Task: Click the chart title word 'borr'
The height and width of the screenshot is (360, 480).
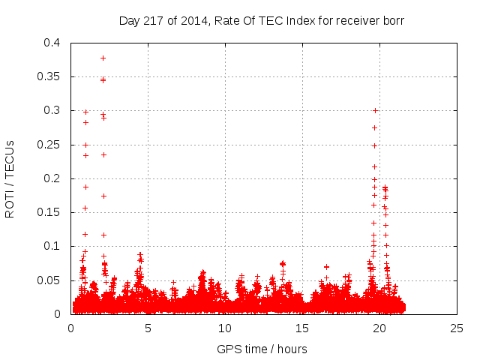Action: tap(393, 21)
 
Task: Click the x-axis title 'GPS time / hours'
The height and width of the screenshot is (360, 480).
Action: tap(262, 349)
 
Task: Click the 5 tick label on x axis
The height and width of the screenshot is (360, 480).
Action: tap(148, 328)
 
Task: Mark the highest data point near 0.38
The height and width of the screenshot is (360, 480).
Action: tap(103, 58)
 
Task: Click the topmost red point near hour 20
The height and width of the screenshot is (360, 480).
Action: tap(375, 110)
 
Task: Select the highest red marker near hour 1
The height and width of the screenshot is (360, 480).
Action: tap(85, 112)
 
